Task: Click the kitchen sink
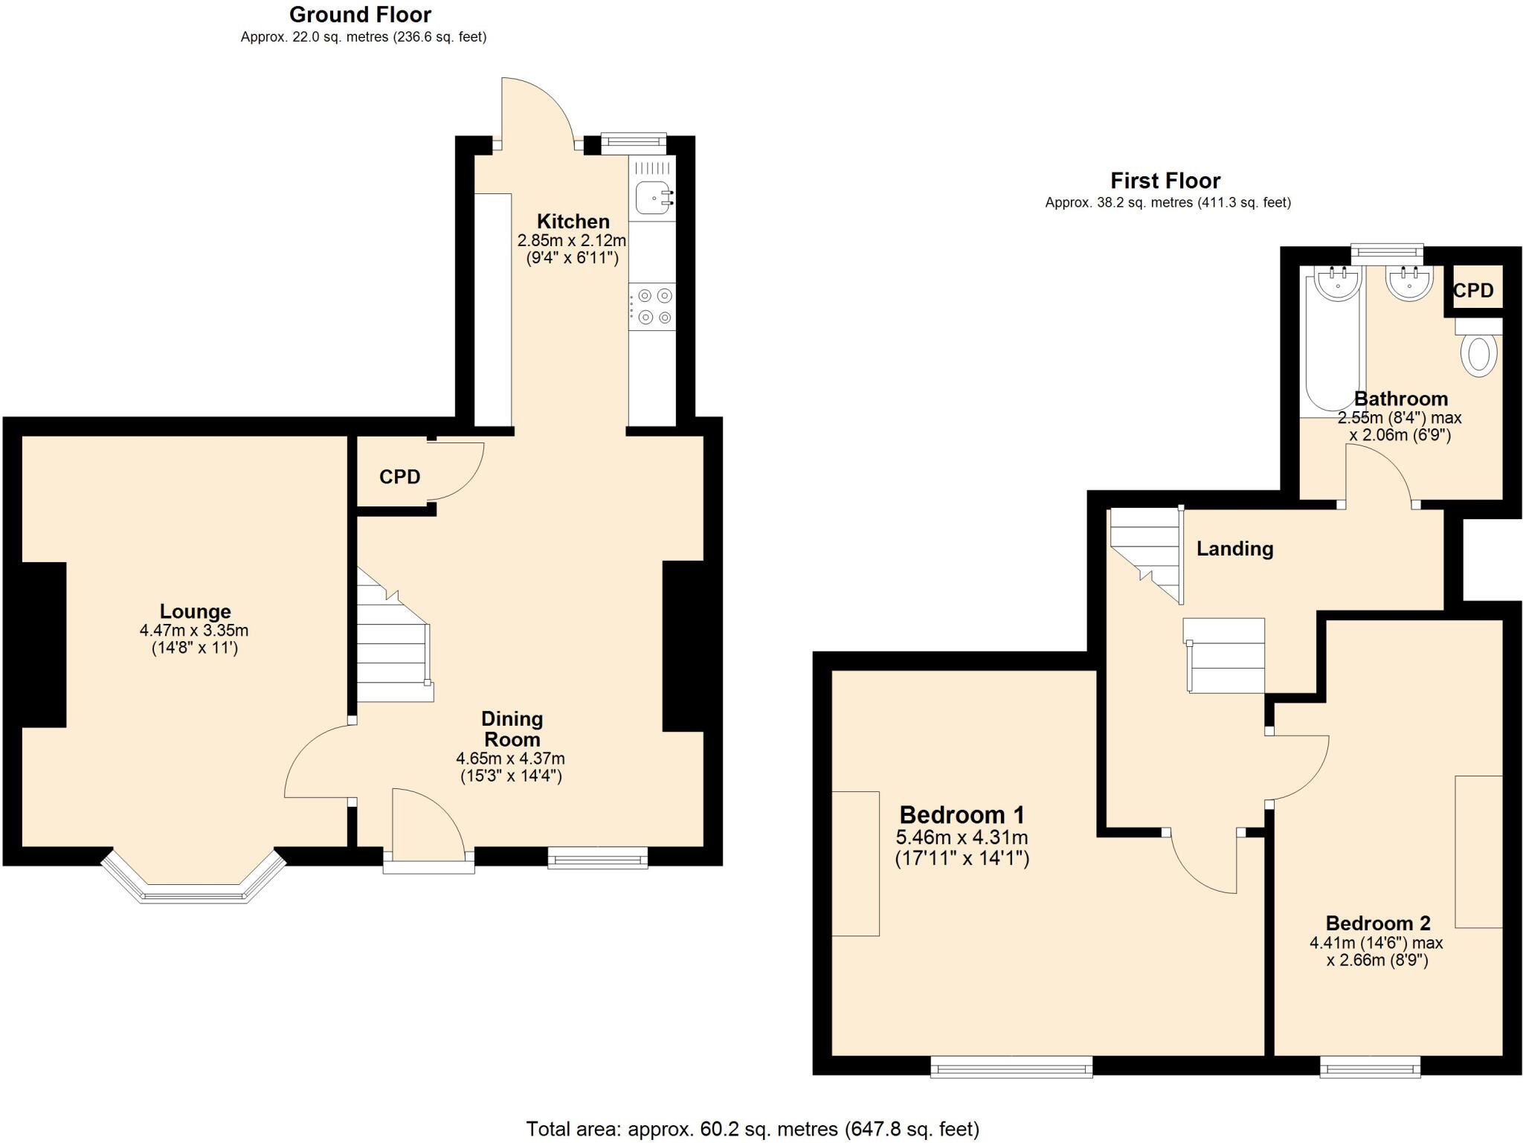tap(654, 197)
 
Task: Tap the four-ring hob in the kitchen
tap(654, 306)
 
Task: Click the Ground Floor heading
tap(360, 14)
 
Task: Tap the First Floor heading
tap(1165, 181)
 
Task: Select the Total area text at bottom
tap(752, 1129)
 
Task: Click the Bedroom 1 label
tap(962, 815)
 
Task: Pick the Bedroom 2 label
tap(1377, 923)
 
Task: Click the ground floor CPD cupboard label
tap(399, 477)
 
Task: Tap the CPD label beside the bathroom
tap(1472, 291)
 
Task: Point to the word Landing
tap(1234, 549)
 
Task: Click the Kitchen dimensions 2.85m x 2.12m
tap(571, 240)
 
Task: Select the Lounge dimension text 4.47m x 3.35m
tap(194, 631)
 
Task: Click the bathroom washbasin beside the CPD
tap(1409, 283)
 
